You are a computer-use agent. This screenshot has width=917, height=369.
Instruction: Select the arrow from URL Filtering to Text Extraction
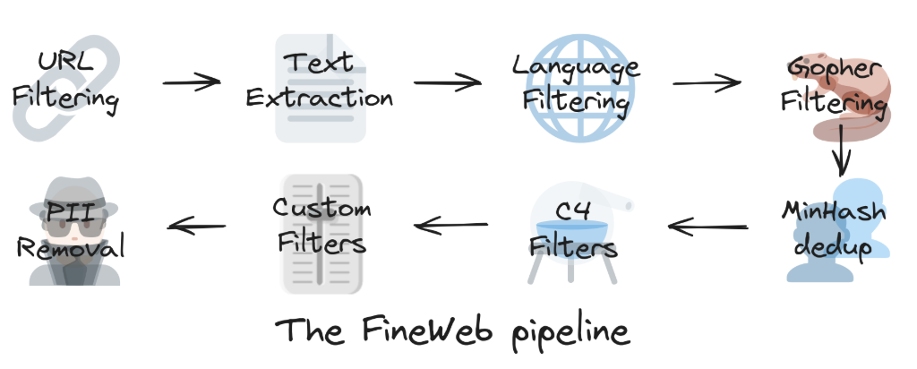click(x=191, y=82)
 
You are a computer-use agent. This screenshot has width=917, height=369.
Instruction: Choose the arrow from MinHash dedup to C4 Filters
click(x=707, y=227)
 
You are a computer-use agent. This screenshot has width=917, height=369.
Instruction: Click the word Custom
click(x=322, y=210)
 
